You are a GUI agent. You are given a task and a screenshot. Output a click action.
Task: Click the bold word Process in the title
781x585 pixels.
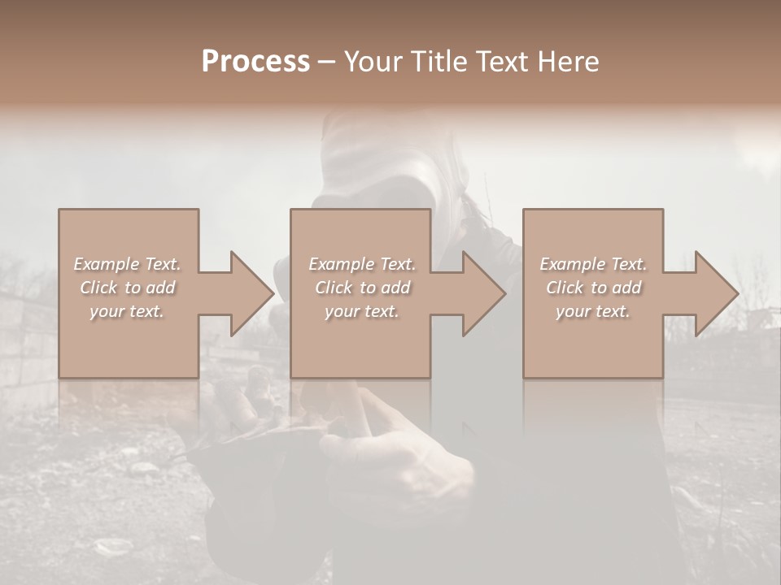pos(255,62)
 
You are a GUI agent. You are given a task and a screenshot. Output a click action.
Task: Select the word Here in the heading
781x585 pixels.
pos(567,62)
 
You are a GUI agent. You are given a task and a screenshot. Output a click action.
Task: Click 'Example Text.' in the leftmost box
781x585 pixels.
pos(127,264)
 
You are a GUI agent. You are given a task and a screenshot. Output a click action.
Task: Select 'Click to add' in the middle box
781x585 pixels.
pos(362,288)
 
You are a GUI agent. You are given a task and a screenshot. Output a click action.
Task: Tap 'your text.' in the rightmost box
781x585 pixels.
pos(593,311)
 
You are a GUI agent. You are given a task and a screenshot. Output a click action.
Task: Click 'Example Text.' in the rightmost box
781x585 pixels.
pos(593,264)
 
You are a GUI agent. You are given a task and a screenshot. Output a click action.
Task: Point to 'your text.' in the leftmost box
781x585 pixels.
pos(127,311)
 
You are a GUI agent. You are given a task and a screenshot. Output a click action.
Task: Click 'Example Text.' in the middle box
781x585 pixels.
pos(362,264)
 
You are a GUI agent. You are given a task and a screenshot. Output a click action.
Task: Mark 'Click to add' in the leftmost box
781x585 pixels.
pos(127,288)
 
